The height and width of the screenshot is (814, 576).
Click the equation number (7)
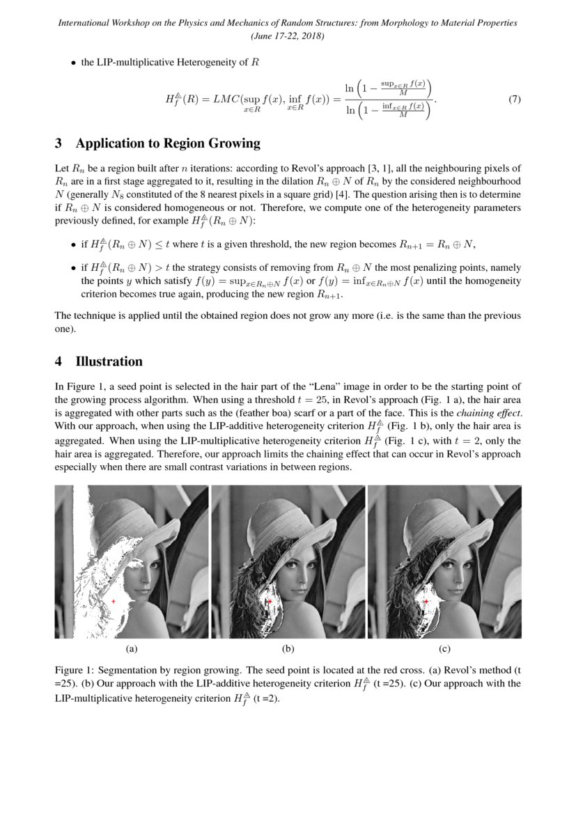[515, 100]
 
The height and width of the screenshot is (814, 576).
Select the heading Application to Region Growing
[167, 143]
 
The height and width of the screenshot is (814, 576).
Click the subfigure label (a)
[131, 649]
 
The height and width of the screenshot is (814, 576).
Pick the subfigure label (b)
[288, 649]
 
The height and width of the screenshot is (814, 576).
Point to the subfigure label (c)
[444, 649]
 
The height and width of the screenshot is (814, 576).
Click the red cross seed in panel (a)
[113, 601]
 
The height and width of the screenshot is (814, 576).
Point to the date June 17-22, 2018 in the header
[288, 36]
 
